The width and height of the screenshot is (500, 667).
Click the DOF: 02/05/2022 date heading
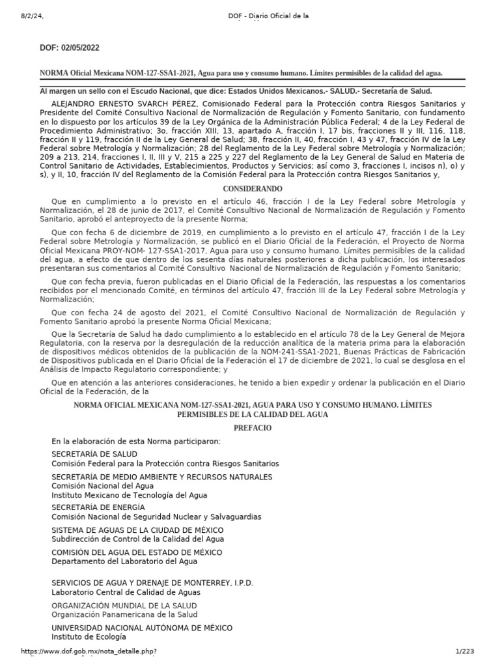(70, 48)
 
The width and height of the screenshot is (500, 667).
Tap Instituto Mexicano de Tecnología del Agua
(130, 495)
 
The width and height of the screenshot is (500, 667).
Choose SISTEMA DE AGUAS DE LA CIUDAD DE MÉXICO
(137, 530)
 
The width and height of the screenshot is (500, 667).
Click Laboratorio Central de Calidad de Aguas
(126, 592)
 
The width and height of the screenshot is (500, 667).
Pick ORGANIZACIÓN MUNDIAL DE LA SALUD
(124, 605)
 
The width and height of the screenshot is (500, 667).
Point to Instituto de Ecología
(89, 637)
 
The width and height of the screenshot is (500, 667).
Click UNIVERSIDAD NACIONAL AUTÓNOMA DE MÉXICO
(142, 628)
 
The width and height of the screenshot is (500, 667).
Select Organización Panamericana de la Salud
(126, 614)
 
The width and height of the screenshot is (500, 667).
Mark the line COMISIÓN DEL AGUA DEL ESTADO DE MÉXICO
(137, 552)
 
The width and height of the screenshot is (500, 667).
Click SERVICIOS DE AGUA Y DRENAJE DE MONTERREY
(152, 582)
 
